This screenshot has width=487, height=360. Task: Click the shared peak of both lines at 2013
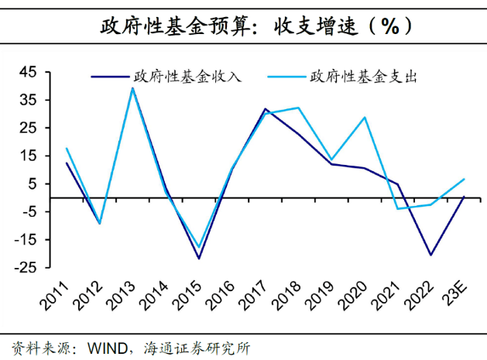click(132, 88)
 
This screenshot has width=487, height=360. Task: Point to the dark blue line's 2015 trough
click(199, 259)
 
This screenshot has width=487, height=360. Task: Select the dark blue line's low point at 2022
click(430, 255)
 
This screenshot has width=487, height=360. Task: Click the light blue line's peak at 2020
click(365, 118)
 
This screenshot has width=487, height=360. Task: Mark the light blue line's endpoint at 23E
click(464, 179)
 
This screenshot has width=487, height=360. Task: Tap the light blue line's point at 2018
click(298, 108)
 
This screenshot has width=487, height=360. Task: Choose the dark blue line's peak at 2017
click(265, 109)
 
